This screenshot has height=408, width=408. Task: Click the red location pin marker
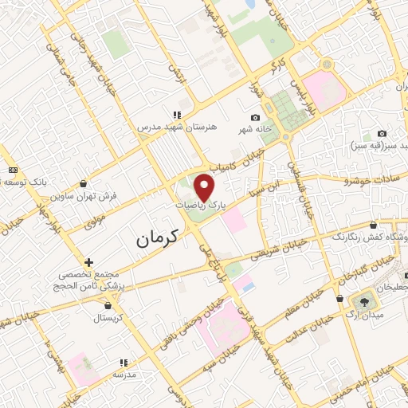(205, 188)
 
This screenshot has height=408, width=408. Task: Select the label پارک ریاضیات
(202, 205)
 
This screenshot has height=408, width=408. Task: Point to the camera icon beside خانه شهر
(255, 118)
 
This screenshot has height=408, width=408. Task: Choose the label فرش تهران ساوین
(84, 195)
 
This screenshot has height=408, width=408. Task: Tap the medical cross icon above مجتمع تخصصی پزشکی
(89, 261)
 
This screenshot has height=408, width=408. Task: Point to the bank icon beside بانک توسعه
(12, 169)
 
